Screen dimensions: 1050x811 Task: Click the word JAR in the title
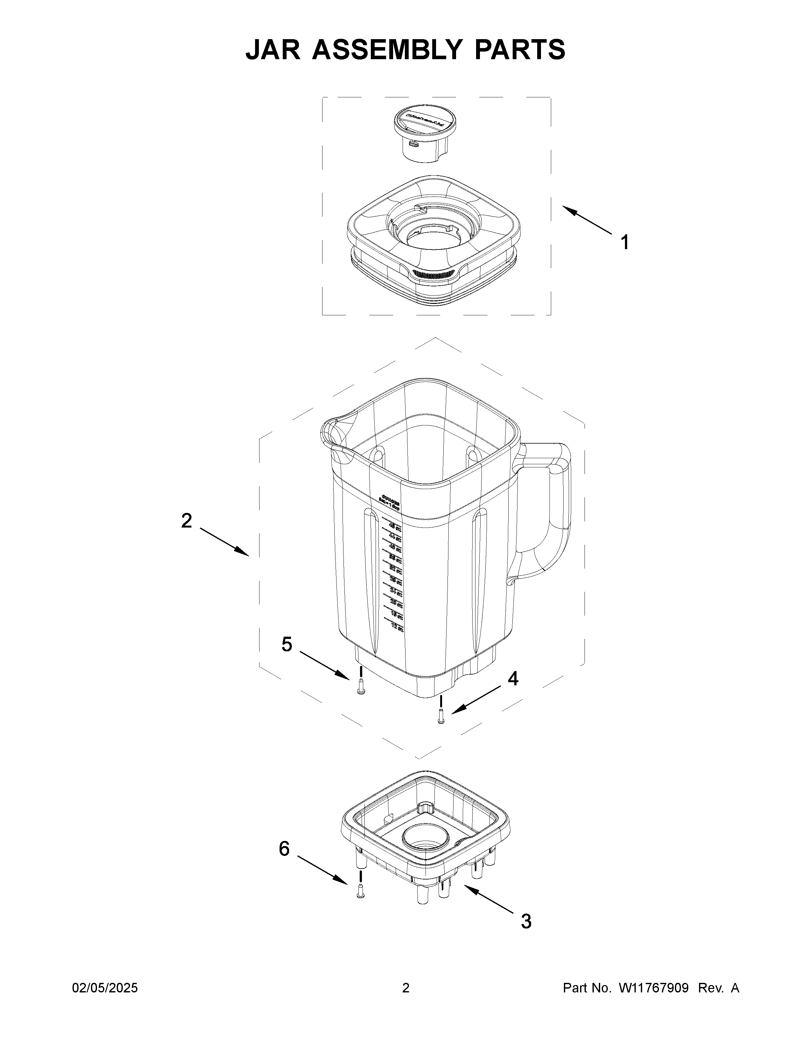pos(273,50)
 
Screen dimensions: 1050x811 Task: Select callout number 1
pos(624,242)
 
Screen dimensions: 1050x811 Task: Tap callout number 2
pos(186,521)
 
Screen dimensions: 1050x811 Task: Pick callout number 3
pos(526,922)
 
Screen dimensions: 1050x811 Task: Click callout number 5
pos(287,644)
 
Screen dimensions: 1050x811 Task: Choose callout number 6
pos(284,849)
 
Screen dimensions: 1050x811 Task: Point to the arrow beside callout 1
pos(587,220)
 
